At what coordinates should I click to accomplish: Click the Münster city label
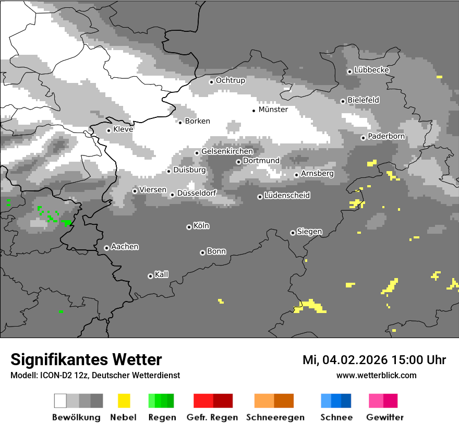[x=273, y=110]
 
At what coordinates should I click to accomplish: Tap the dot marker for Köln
[x=189, y=227]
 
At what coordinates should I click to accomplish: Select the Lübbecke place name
[x=371, y=70]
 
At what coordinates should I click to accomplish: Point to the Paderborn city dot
[x=363, y=138]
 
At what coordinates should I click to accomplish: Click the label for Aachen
[x=125, y=247]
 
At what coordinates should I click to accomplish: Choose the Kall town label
[x=161, y=274]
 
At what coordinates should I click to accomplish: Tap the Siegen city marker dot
[x=293, y=233]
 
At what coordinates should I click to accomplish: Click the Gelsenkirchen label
[x=227, y=151]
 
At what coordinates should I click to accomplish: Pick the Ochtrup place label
[x=230, y=80]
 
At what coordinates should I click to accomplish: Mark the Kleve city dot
[x=108, y=130]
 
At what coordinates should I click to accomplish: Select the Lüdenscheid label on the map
[x=287, y=196]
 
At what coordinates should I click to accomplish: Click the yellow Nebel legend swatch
[x=124, y=401]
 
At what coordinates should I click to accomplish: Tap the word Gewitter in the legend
[x=385, y=417]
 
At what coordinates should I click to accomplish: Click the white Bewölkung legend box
[x=61, y=401]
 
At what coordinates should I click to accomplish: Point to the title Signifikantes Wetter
[x=86, y=359]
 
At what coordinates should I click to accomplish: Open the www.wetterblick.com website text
[x=376, y=375]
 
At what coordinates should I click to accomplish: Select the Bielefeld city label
[x=363, y=100]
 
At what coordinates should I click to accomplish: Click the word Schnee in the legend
[x=336, y=417]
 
